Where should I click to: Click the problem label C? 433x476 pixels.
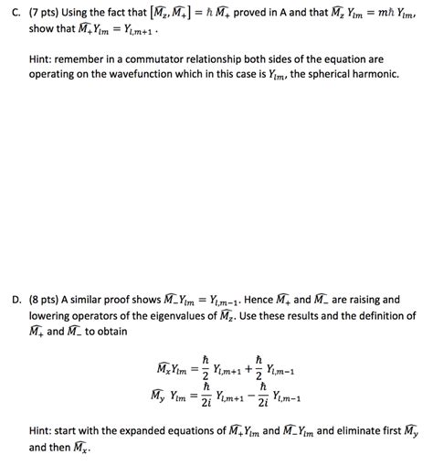coord(12,12)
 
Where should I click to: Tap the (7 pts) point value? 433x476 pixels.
coord(42,12)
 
